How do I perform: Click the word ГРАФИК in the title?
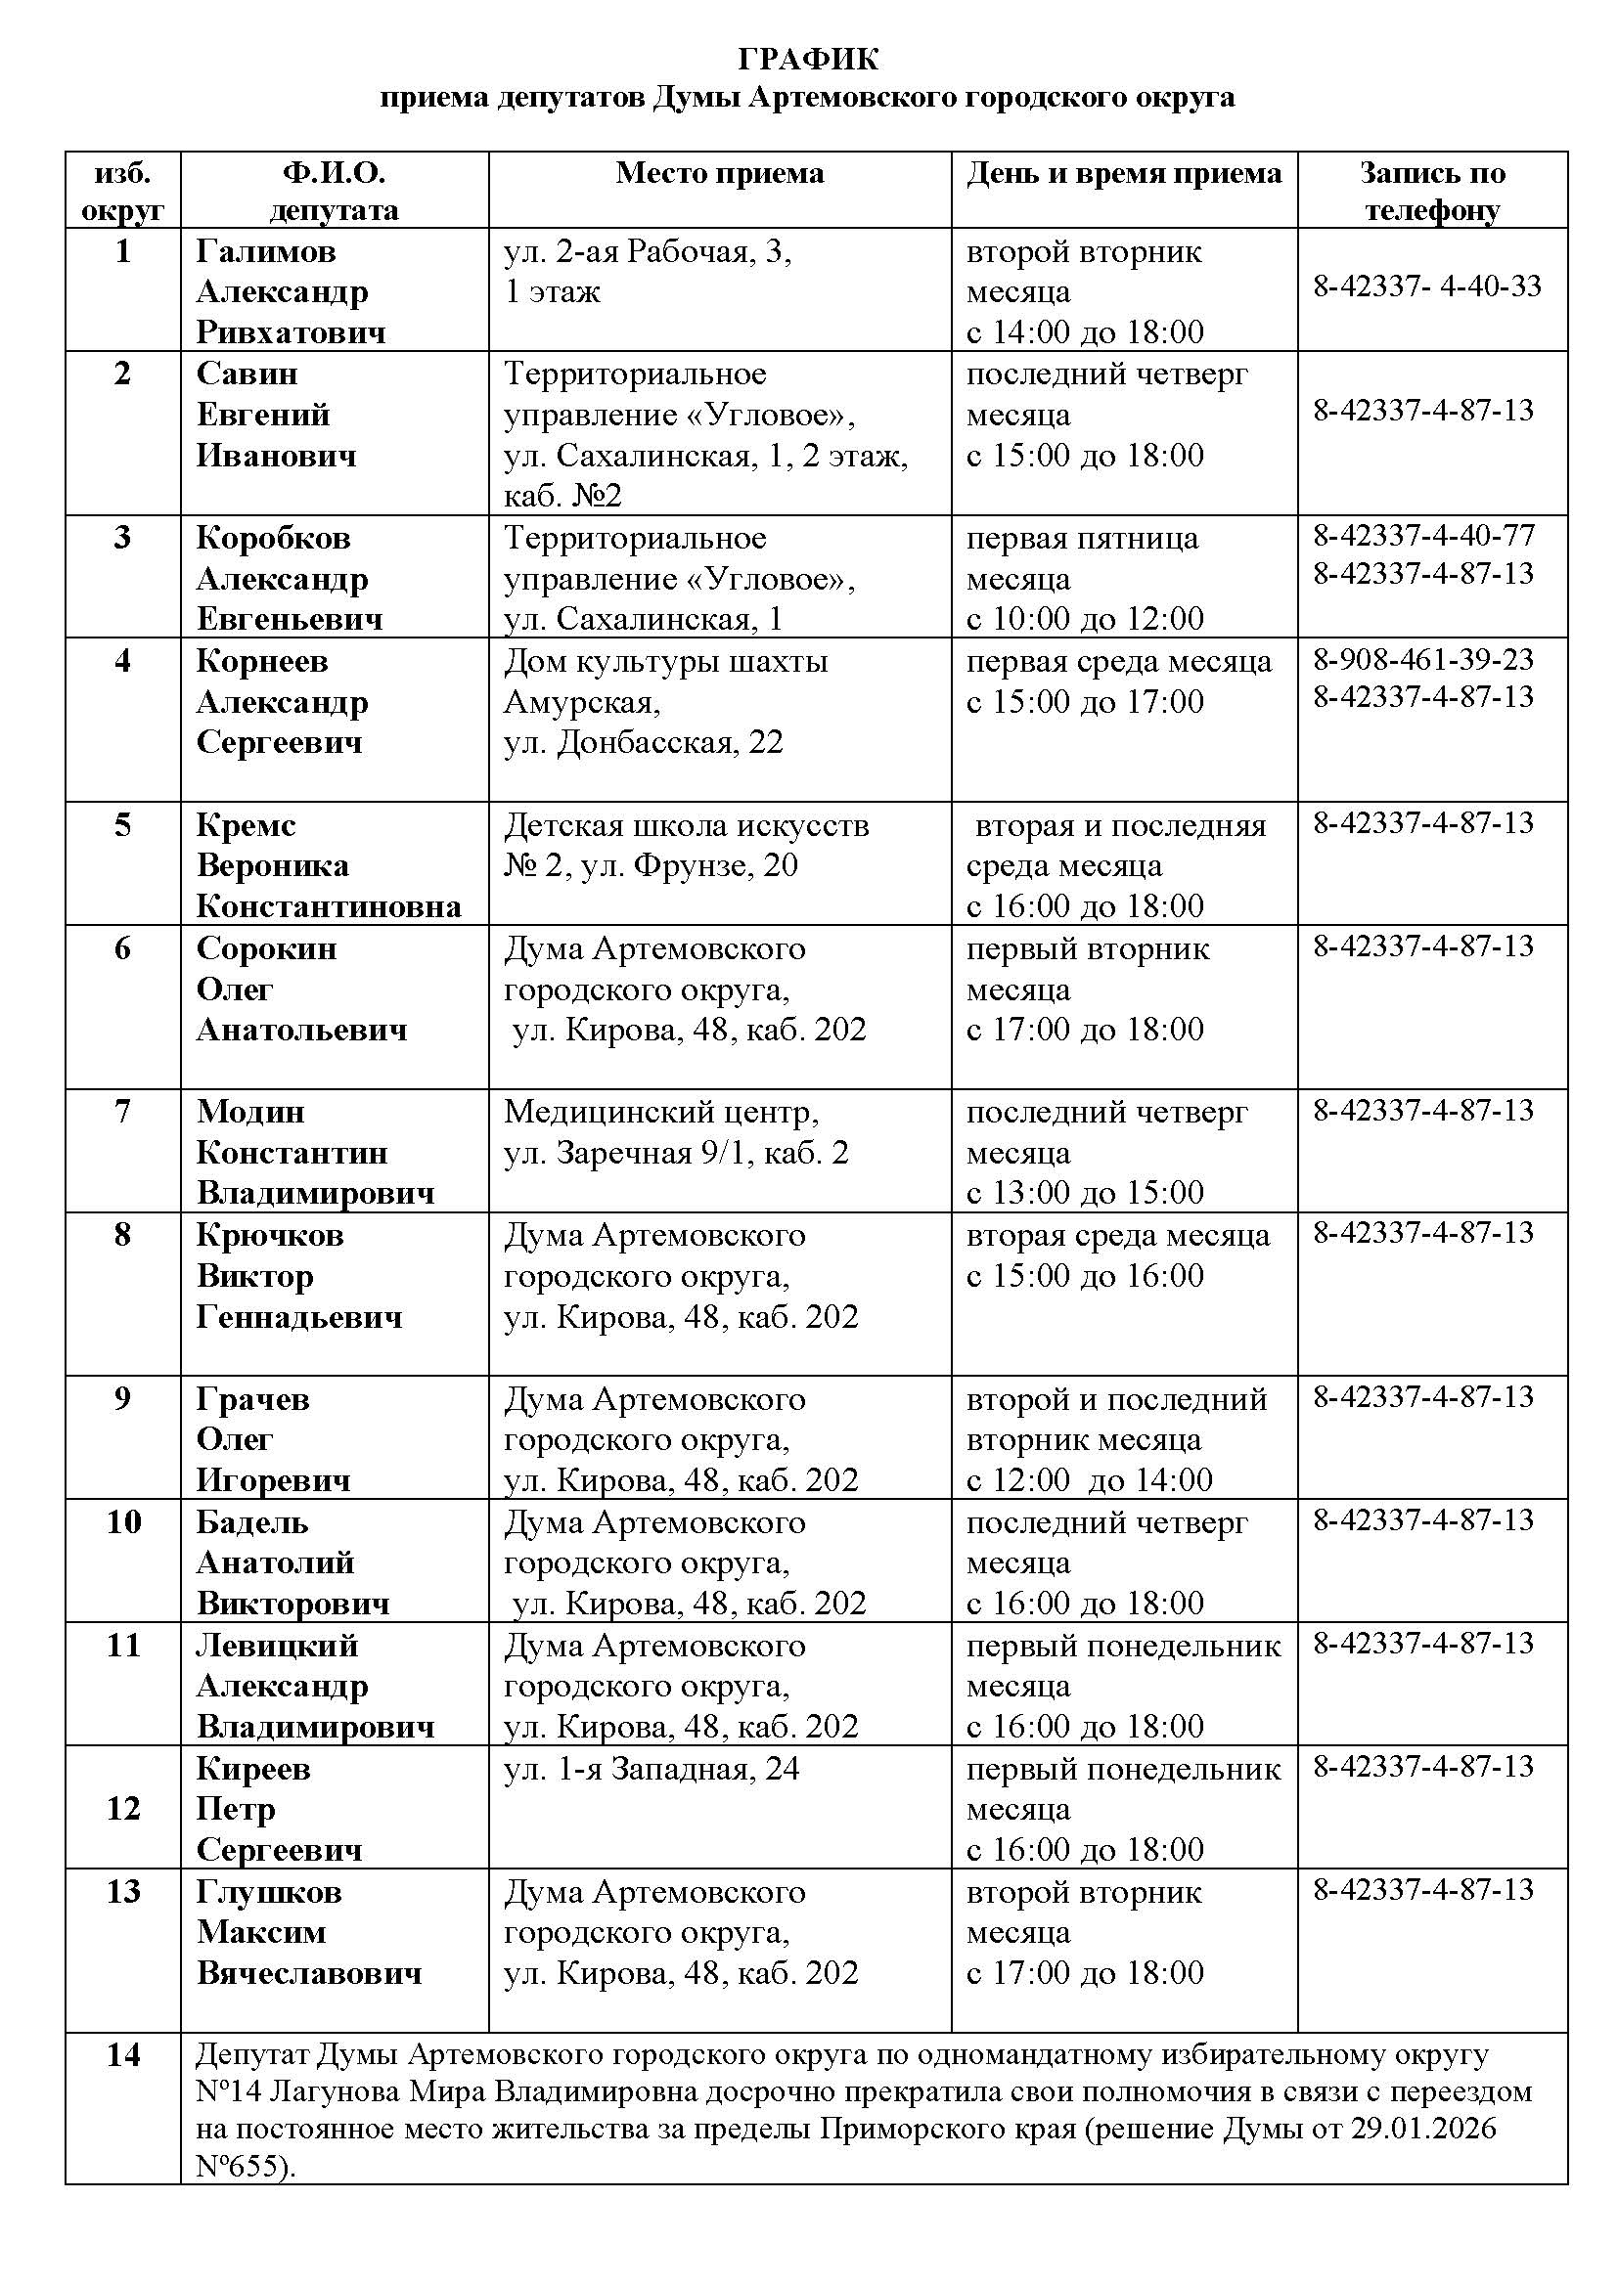pyautogui.click(x=808, y=60)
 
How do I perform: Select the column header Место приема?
pyautogui.click(x=719, y=173)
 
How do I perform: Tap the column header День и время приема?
pyautogui.click(x=1124, y=173)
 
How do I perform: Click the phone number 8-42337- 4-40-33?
pyautogui.click(x=1426, y=286)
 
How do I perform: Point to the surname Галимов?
pyautogui.click(x=266, y=251)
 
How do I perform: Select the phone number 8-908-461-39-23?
pyautogui.click(x=1422, y=659)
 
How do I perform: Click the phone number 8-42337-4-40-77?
pyautogui.click(x=1423, y=536)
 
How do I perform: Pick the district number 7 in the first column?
pyautogui.click(x=122, y=1110)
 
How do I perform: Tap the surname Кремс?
pyautogui.click(x=247, y=825)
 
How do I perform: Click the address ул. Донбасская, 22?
pyautogui.click(x=644, y=742)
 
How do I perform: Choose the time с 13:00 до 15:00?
pyautogui.click(x=1085, y=1192)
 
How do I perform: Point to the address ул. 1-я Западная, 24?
pyautogui.click(x=652, y=1768)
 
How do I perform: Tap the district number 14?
pyautogui.click(x=122, y=2055)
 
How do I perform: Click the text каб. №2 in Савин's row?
pyautogui.click(x=562, y=496)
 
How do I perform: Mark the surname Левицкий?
pyautogui.click(x=277, y=1645)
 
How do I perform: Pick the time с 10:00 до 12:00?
pyautogui.click(x=1085, y=619)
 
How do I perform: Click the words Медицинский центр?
pyautogui.click(x=661, y=1111)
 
